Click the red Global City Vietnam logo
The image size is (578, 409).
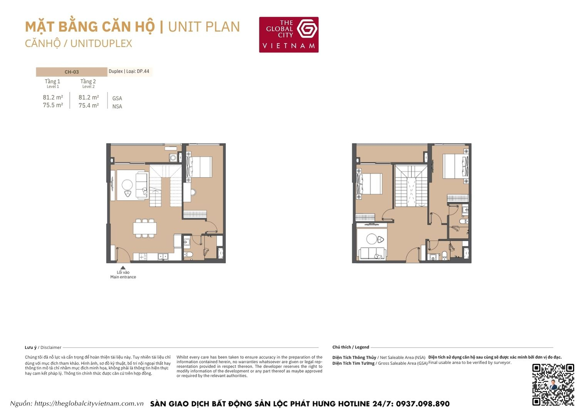point(289,34)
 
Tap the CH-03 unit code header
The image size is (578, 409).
point(72,72)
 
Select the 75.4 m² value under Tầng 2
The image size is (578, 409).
point(89,105)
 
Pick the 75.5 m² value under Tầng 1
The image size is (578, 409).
point(53,105)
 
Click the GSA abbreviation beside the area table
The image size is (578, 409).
point(117,98)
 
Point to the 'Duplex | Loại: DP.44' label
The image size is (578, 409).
point(129,71)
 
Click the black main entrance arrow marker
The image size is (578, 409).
point(123,267)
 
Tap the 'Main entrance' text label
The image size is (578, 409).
point(123,277)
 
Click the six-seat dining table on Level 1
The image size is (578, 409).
point(145,228)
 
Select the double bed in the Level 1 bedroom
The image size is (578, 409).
point(199,167)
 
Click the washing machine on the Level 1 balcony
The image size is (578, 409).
point(173,157)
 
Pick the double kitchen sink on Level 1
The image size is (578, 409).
point(163,257)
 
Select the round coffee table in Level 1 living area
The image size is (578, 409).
point(127,185)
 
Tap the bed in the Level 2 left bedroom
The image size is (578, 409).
point(370,184)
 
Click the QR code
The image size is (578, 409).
point(553,384)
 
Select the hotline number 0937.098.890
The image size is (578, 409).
point(423,404)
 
